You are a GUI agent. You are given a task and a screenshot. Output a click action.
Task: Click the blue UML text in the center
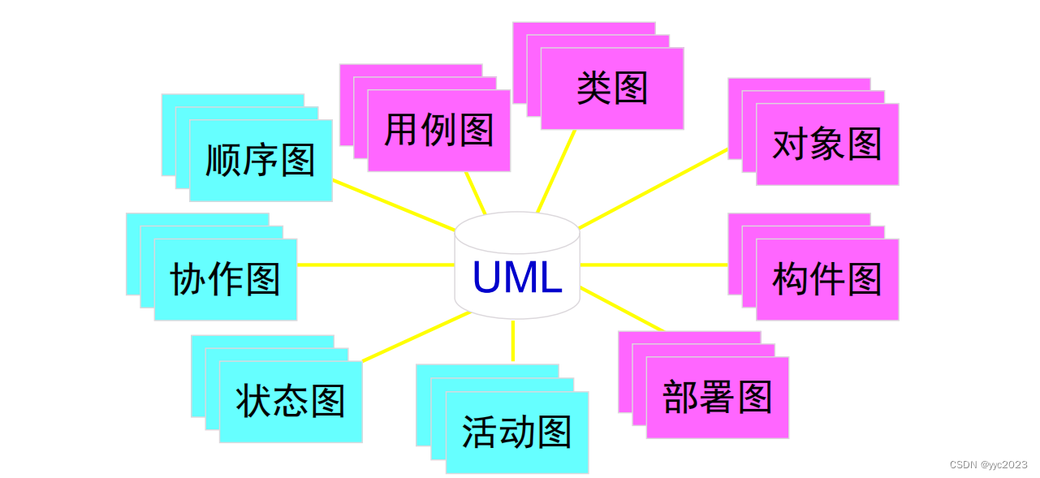517,278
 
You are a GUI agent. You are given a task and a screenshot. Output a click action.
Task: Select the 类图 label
612,88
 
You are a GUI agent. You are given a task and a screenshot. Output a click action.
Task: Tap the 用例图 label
438,130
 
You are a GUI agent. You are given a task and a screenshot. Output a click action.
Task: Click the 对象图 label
826,144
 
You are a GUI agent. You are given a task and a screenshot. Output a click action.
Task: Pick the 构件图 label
826,279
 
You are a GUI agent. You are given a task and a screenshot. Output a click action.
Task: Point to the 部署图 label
717,398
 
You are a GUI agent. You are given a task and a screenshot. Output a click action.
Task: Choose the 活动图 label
516,433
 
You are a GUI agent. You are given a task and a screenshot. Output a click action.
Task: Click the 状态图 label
291,401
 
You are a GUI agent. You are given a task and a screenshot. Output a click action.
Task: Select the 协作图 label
225,279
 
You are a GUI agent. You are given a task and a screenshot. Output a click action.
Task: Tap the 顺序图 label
260,160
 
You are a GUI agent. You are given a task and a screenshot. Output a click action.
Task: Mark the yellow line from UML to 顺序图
394,205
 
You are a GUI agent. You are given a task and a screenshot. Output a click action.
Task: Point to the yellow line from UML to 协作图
375,265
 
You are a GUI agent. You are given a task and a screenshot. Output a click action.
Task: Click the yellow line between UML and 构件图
654,265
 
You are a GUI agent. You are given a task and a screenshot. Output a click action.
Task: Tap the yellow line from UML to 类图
556,170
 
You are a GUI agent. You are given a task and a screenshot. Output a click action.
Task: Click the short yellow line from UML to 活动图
512,341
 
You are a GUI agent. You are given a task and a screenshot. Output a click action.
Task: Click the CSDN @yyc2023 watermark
988,465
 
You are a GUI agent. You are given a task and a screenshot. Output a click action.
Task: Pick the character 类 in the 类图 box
593,88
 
